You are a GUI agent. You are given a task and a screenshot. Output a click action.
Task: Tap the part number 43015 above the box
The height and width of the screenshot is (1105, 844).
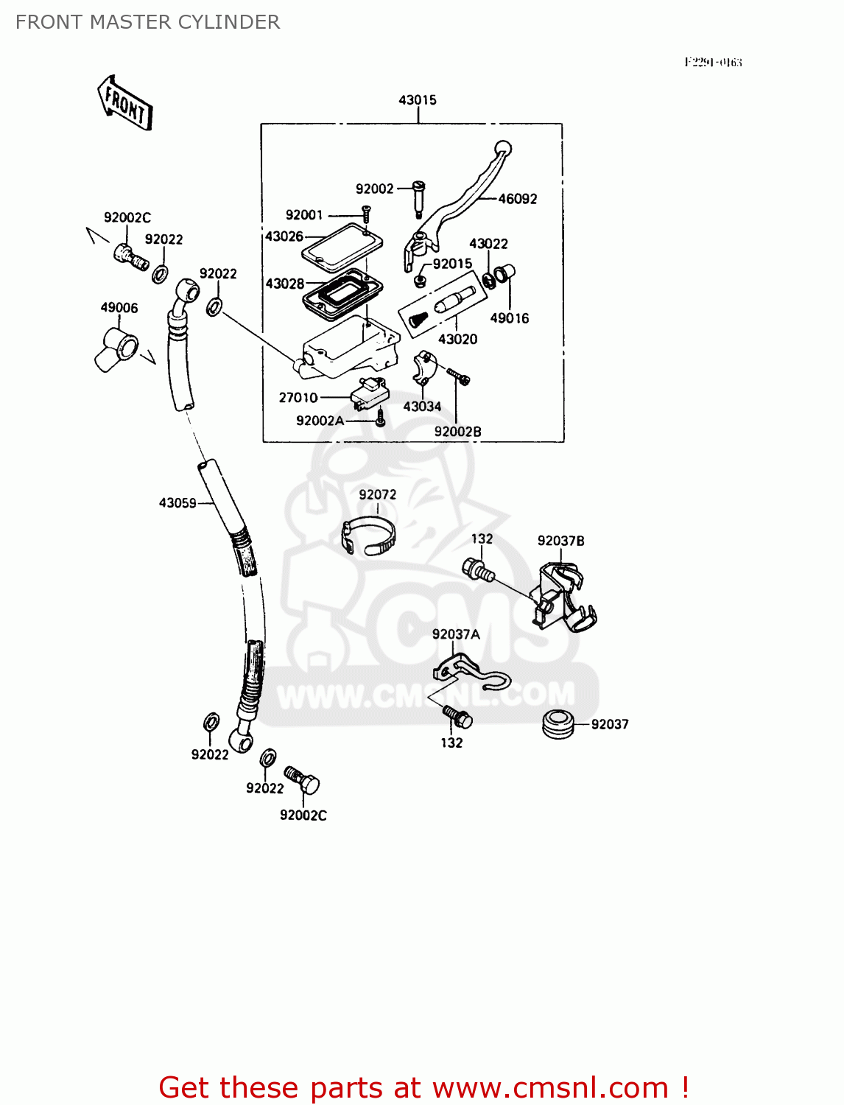pos(417,99)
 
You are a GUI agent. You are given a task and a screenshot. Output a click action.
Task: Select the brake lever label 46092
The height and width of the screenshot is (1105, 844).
pos(518,199)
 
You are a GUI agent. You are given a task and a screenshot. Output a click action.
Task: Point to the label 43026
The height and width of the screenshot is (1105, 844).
pos(284,236)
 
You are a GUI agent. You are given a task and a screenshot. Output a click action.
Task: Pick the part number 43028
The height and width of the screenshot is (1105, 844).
pos(285,284)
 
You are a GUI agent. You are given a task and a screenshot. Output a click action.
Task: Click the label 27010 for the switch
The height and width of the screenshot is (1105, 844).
pos(298,398)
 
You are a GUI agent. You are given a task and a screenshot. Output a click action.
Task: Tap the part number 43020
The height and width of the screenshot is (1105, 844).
pos(457,339)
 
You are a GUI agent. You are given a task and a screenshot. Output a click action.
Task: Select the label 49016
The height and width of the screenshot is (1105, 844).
pos(510,318)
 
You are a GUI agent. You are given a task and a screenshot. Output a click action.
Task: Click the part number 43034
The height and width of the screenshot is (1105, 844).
pos(422,406)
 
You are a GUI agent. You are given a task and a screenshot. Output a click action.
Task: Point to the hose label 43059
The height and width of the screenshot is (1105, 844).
pos(177,503)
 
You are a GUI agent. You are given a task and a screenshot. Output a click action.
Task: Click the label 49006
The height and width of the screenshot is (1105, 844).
pos(119,308)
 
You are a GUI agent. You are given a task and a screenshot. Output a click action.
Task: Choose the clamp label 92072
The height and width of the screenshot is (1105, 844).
pos(378,494)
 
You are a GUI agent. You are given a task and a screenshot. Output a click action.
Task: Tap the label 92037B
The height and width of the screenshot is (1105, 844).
pos(561,541)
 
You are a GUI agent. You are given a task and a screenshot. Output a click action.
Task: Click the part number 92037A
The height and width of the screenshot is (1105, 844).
pos(456,634)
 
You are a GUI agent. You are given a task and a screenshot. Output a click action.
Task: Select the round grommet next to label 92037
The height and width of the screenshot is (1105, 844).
pos(559,723)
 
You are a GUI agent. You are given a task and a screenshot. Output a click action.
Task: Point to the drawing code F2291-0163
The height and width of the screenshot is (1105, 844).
pos(712,63)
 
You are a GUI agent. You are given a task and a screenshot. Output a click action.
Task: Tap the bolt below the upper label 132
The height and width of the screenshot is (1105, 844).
pos(478,570)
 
